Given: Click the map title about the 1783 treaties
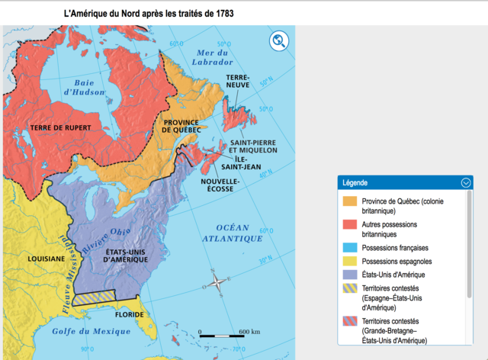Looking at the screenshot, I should point(149,14).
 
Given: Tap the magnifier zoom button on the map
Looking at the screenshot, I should point(279,41).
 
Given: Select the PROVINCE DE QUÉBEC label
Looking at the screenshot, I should point(181,126).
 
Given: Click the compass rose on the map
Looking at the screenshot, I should point(218,283).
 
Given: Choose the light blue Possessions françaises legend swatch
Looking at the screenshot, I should point(350,248).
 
